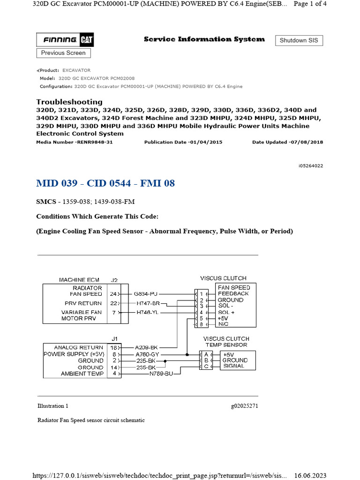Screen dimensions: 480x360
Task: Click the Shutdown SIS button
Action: (x=299, y=40)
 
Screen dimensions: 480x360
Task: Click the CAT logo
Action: (x=87, y=40)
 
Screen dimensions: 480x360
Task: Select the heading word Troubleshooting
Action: (x=69, y=102)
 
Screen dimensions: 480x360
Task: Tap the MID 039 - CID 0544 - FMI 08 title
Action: (x=105, y=183)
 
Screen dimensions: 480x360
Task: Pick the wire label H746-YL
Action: (x=147, y=312)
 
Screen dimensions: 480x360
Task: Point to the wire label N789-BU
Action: (x=161, y=374)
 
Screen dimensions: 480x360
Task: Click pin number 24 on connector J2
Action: (x=113, y=294)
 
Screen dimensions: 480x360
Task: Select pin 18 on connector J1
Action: (x=113, y=348)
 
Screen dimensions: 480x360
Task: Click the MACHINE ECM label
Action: (x=79, y=279)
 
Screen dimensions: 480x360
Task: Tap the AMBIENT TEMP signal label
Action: (x=82, y=374)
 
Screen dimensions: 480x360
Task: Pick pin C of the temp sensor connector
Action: (x=206, y=366)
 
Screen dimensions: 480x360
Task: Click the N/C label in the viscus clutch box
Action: (x=224, y=324)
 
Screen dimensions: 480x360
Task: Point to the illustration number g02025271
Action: (x=244, y=406)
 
